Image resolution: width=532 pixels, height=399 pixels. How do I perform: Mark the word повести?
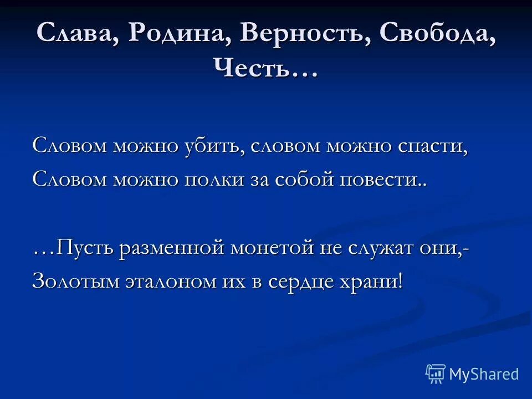click(x=388, y=180)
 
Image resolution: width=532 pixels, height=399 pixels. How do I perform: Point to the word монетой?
click(x=272, y=247)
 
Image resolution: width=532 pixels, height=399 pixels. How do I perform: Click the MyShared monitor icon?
click(x=436, y=374)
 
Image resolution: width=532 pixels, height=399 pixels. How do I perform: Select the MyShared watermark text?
click(x=484, y=374)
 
